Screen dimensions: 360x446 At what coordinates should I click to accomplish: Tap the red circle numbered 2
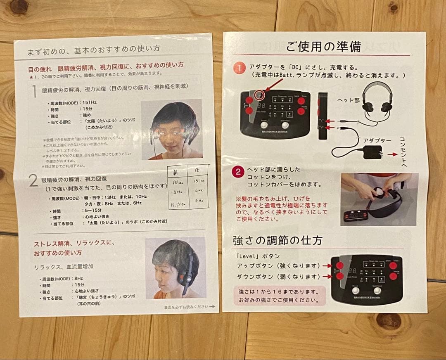tap(238, 172)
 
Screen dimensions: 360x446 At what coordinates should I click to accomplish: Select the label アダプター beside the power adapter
tap(377, 140)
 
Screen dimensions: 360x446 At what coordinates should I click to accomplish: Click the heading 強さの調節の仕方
tap(278, 240)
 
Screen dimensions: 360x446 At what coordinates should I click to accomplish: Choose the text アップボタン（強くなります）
tap(278, 265)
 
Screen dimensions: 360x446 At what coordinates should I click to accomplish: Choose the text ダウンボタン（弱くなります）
tap(278, 277)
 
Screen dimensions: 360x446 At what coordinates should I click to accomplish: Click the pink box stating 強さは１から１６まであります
tap(279, 296)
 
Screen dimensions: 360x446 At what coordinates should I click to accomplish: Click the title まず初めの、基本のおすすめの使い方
tap(94, 52)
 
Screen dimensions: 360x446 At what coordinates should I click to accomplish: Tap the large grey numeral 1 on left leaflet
tap(35, 91)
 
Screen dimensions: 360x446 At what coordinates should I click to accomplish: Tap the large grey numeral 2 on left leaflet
tap(33, 181)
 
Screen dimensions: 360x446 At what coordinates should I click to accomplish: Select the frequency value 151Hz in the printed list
tap(91, 103)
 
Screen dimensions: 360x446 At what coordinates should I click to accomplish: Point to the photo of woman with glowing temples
tap(171, 129)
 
